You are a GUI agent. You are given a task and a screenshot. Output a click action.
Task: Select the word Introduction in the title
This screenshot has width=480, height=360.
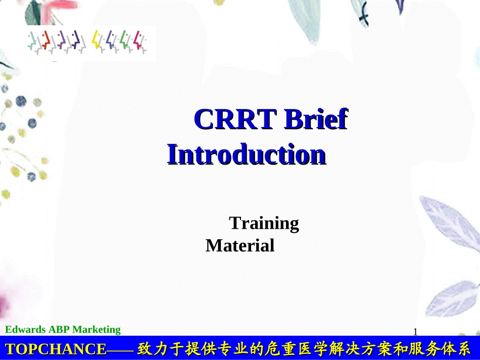247,155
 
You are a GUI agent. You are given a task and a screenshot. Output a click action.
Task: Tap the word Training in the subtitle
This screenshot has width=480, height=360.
264,223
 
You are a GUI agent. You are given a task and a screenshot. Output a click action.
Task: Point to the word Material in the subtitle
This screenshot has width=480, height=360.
240,246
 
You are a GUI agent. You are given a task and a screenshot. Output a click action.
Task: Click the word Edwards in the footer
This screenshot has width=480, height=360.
25,330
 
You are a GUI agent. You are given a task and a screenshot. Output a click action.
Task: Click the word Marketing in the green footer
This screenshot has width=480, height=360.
97,330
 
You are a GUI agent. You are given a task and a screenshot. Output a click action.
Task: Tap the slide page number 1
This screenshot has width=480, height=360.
415,332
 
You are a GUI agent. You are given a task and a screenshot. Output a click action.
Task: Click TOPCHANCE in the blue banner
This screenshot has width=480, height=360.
56,349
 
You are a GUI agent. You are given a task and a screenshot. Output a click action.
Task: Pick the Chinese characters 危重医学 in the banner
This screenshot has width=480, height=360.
295,349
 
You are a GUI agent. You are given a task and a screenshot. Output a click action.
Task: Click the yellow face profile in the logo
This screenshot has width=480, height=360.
97,40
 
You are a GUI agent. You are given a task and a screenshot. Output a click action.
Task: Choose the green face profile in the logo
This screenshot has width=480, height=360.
125,40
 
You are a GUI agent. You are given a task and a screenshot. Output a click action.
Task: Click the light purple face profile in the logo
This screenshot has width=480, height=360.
62,40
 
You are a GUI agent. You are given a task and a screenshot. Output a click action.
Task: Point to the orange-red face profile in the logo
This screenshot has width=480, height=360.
46,40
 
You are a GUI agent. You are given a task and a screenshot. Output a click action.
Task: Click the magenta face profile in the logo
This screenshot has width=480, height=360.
139,40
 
